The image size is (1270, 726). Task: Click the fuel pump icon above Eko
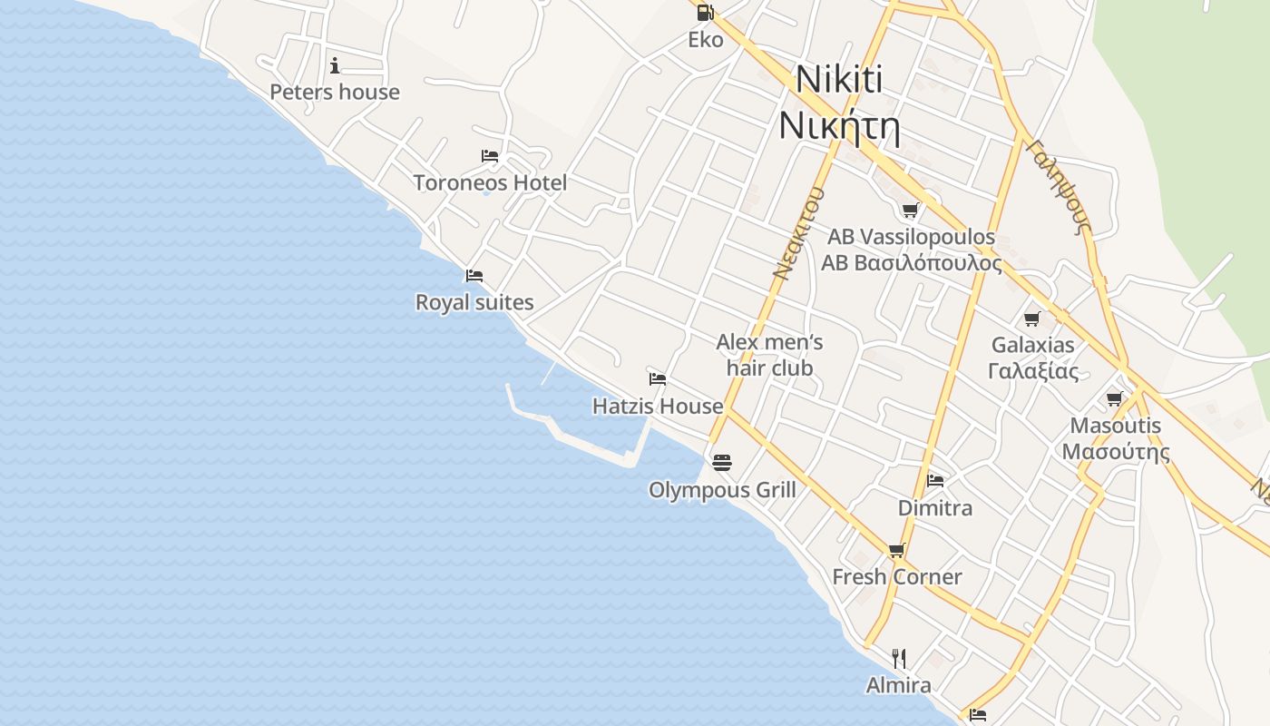(x=705, y=13)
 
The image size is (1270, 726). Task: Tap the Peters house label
(x=335, y=92)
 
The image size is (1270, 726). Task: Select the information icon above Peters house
(x=335, y=65)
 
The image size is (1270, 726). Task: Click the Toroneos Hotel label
(x=490, y=182)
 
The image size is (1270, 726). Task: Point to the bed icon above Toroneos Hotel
(x=490, y=156)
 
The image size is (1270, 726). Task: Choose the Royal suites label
(x=474, y=302)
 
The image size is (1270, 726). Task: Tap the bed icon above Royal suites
(x=474, y=276)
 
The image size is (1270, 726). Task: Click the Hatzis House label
(x=658, y=406)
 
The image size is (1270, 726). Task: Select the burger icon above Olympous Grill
(x=722, y=463)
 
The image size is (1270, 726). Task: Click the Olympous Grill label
(x=722, y=490)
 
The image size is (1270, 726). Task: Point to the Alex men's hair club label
(x=769, y=355)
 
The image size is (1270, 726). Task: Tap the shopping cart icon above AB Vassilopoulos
(x=910, y=211)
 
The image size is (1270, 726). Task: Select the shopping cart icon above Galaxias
(x=1031, y=319)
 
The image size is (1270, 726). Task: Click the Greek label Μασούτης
(x=1116, y=451)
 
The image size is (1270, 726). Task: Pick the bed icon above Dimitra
(x=935, y=480)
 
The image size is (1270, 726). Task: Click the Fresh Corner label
(x=897, y=576)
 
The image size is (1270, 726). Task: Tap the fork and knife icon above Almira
(x=899, y=658)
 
